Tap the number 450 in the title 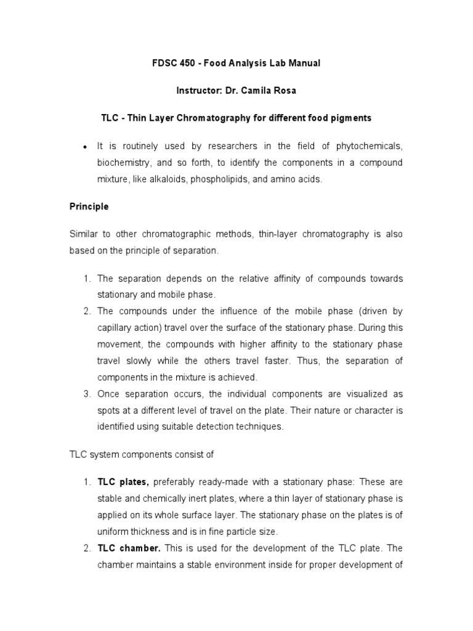(x=190, y=63)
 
